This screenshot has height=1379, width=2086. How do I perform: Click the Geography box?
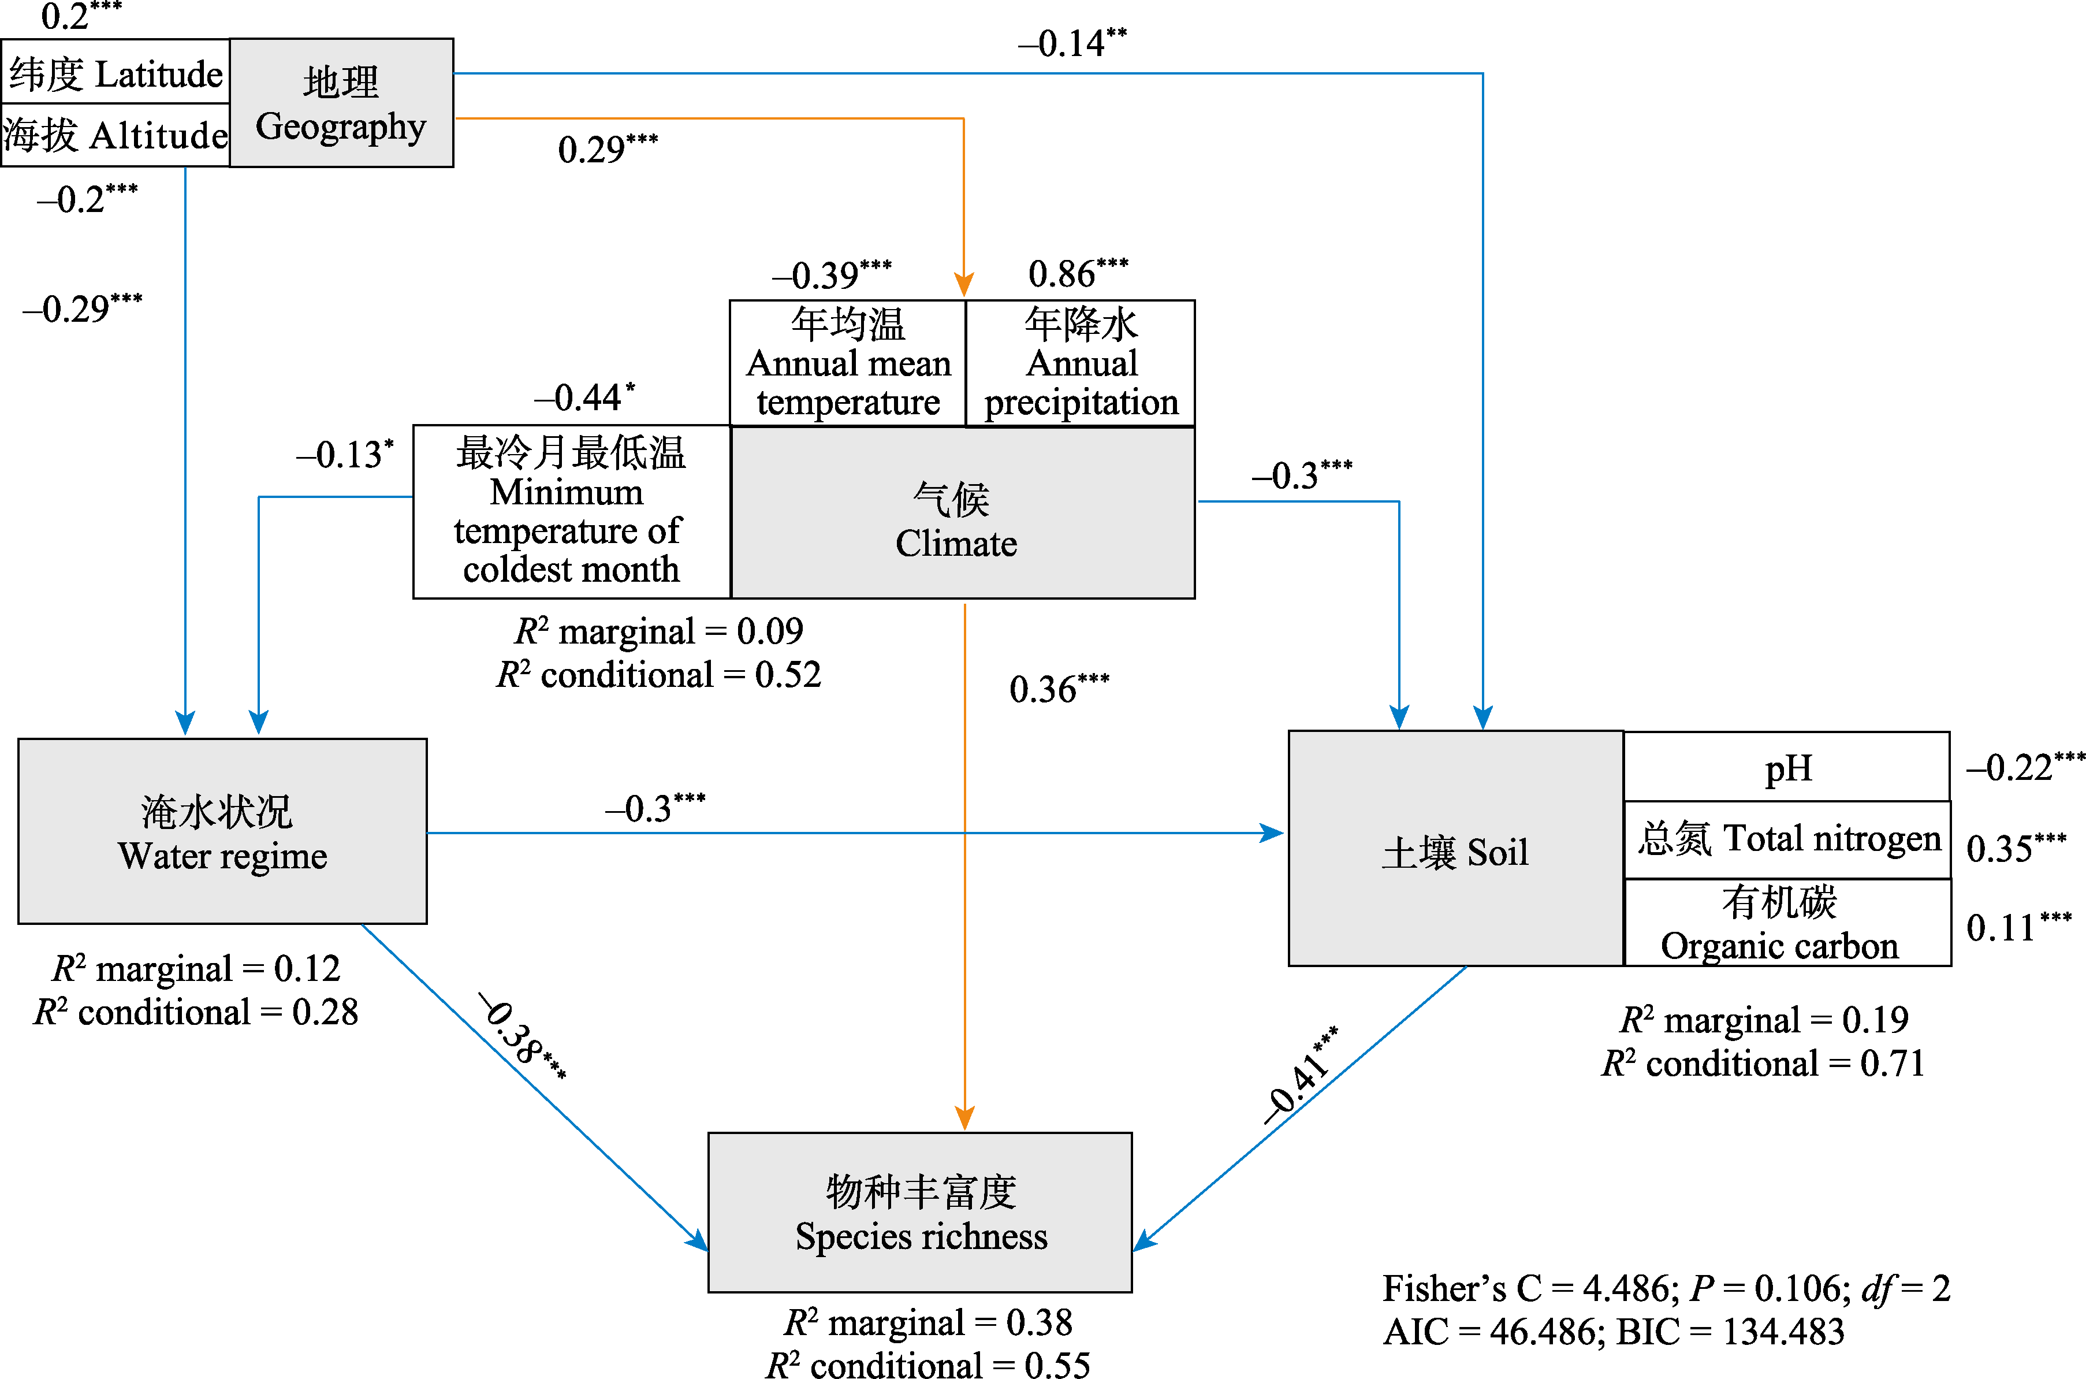point(341,103)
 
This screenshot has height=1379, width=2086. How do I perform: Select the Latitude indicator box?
point(115,73)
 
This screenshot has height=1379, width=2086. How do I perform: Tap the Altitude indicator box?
point(115,135)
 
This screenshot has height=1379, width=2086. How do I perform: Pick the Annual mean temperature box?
point(847,363)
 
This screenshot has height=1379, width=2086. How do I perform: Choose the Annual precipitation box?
point(1081,363)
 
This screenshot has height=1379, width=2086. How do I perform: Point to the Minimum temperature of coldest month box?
point(571,511)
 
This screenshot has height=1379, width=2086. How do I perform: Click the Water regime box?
point(222,831)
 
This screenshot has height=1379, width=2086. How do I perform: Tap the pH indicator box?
point(1786,767)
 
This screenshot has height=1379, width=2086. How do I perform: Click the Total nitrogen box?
point(1787,839)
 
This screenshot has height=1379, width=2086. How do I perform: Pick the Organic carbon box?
point(1787,923)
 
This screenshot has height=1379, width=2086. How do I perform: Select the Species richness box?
point(919,1212)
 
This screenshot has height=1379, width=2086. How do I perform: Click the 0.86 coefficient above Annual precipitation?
point(1077,273)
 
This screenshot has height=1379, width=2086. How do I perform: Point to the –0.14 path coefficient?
point(1071,42)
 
